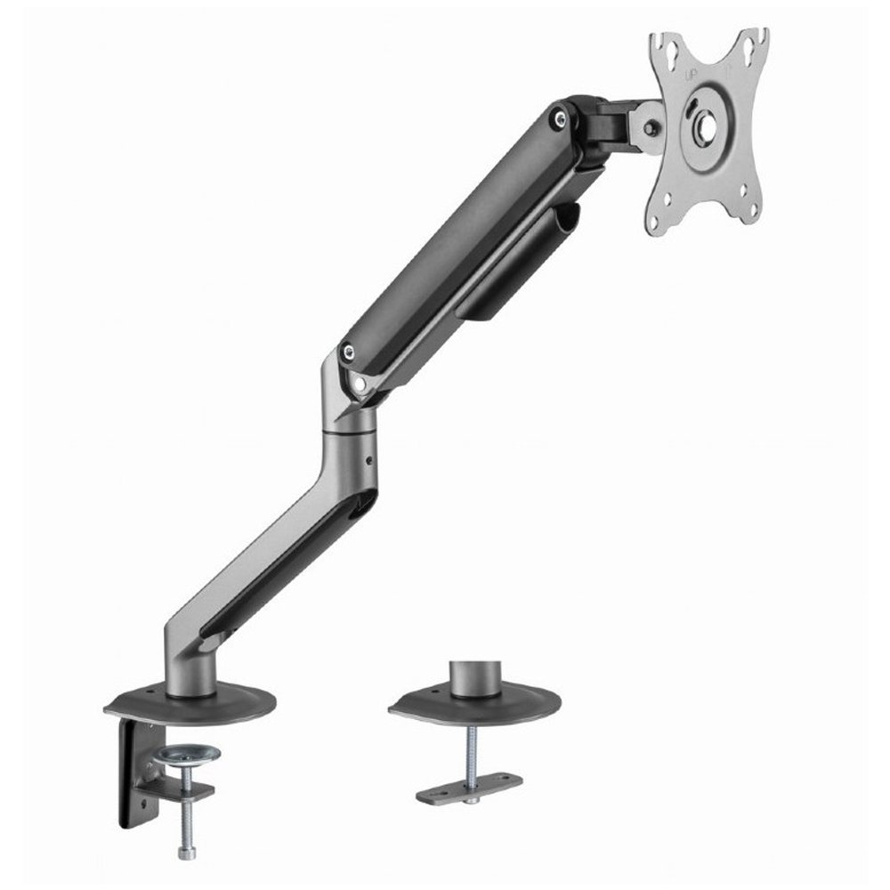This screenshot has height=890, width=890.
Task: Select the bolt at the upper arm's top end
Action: coord(557,117)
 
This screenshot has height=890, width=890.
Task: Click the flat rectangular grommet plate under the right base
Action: coord(470,789)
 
